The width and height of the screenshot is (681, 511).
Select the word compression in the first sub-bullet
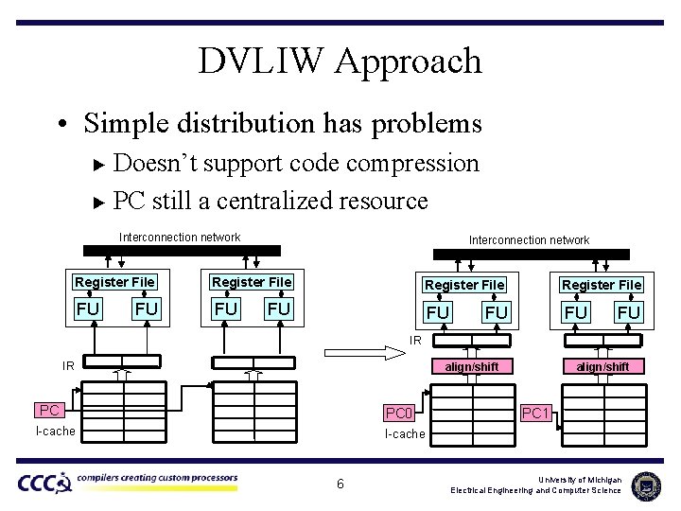click(412, 163)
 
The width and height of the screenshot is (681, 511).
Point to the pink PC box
click(50, 410)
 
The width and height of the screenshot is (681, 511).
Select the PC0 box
click(398, 413)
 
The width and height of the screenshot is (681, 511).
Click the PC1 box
click(536, 413)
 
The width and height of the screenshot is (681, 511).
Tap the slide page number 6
click(340, 485)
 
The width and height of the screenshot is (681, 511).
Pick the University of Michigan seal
click(646, 485)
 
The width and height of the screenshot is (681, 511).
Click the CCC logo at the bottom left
click(44, 483)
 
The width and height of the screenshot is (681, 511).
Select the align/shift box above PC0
click(472, 366)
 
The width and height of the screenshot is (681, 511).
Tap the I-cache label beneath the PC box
click(55, 431)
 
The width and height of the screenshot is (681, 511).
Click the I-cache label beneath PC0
click(404, 433)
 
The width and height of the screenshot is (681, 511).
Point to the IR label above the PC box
click(68, 364)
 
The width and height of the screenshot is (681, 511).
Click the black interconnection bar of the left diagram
click(182, 251)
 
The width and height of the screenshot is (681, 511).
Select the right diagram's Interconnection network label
click(529, 239)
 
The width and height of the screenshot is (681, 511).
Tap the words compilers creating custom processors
click(157, 478)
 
